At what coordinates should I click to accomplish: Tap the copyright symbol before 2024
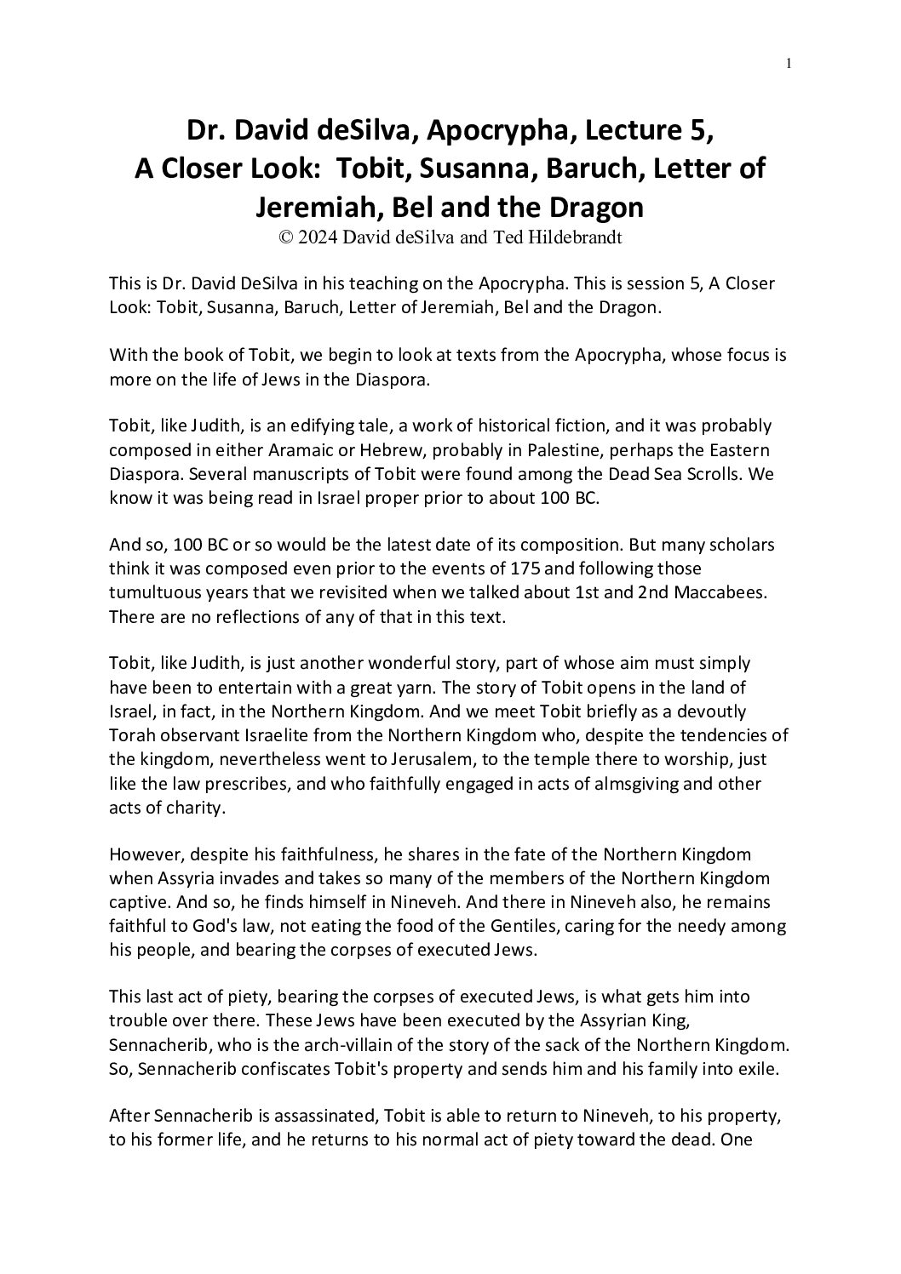point(285,237)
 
